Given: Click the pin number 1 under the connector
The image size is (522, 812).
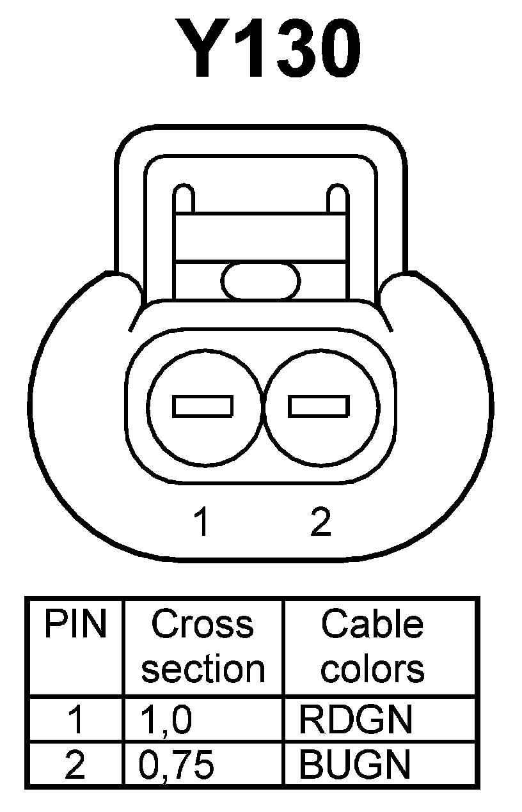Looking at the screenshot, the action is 202,522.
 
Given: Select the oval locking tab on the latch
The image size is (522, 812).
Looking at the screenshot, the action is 261,281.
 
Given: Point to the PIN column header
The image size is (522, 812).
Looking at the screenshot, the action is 75,625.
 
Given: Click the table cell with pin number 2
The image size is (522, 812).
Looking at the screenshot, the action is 75,765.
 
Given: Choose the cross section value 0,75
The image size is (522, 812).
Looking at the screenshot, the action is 177,765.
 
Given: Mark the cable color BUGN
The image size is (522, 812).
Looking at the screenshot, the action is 355,765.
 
